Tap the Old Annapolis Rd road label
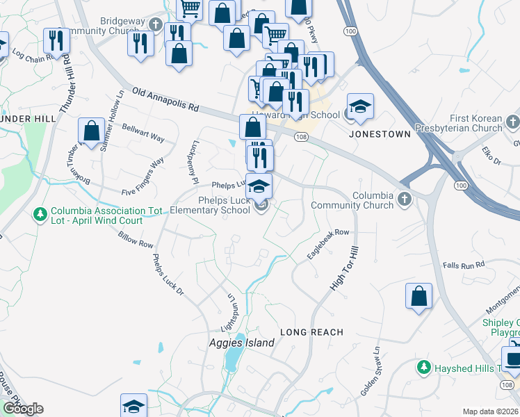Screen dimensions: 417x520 tap(165, 100)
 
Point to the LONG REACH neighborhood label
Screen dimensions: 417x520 tap(311, 332)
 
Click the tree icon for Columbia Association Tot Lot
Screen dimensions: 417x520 tap(42, 213)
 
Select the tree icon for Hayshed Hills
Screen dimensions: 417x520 tap(422, 366)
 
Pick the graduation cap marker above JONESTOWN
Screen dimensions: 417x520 tap(360, 106)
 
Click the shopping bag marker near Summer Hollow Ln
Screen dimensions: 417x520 tap(91, 130)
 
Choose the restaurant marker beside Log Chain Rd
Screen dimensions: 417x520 tap(54, 40)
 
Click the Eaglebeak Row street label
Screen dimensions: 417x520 tap(327, 245)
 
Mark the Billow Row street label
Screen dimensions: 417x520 tap(136, 240)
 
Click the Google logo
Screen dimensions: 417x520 tap(23, 409)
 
